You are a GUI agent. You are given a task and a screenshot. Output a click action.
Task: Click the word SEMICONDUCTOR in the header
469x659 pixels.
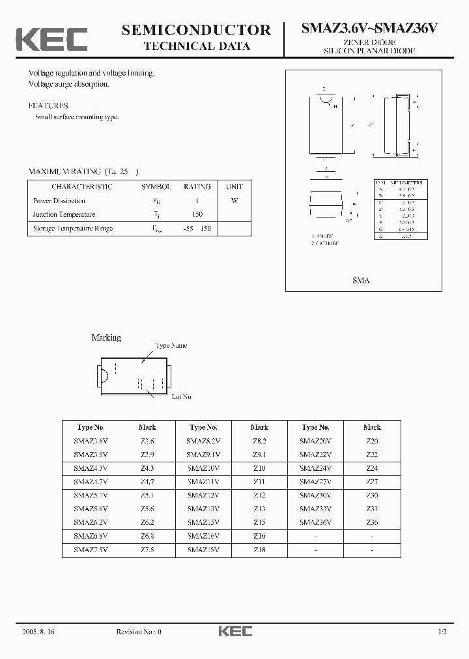coord(196,30)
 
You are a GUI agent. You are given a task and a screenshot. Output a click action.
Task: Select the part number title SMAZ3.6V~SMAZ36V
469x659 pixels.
coord(369,29)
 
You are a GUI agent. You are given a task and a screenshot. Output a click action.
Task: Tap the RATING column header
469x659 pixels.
coord(197,187)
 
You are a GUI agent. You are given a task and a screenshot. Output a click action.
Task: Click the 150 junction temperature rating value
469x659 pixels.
coord(197,214)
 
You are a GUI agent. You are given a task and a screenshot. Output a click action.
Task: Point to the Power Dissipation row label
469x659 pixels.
coord(59,201)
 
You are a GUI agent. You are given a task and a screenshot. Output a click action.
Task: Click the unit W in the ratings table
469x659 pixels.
coord(234,201)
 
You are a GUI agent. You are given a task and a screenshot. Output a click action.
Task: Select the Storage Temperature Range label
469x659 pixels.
coord(73,229)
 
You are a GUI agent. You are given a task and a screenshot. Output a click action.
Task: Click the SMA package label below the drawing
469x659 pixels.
coord(361,280)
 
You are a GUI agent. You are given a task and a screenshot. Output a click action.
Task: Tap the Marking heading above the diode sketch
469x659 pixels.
coord(106,337)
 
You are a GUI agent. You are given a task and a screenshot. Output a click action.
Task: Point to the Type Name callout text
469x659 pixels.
coord(171,346)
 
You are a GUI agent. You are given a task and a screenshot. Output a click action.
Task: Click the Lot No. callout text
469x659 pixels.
coord(182,396)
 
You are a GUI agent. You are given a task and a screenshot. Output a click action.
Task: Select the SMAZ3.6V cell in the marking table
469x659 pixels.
coord(91,441)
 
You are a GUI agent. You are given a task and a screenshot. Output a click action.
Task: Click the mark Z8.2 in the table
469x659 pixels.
coord(259,441)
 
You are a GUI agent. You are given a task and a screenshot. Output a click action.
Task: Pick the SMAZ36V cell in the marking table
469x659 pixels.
coord(315,522)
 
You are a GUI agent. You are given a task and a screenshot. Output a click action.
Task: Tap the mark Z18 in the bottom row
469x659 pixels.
coord(259,550)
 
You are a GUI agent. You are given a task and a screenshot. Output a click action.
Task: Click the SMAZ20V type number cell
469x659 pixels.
coord(315,441)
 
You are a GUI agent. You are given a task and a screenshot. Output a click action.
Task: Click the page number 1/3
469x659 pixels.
coord(442,632)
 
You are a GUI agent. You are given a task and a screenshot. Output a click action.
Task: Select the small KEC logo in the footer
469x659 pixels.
coord(234,631)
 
